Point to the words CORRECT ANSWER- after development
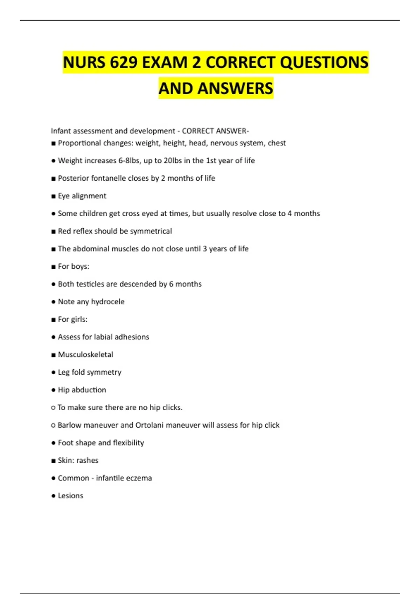[x=215, y=131]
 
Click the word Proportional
[x=79, y=143]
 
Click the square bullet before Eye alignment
[x=54, y=196]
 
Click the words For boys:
[x=73, y=267]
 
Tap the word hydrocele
[x=108, y=302]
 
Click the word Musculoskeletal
[x=86, y=355]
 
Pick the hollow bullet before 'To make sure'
[x=53, y=408]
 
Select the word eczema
[x=139, y=478]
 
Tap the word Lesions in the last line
[x=70, y=496]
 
